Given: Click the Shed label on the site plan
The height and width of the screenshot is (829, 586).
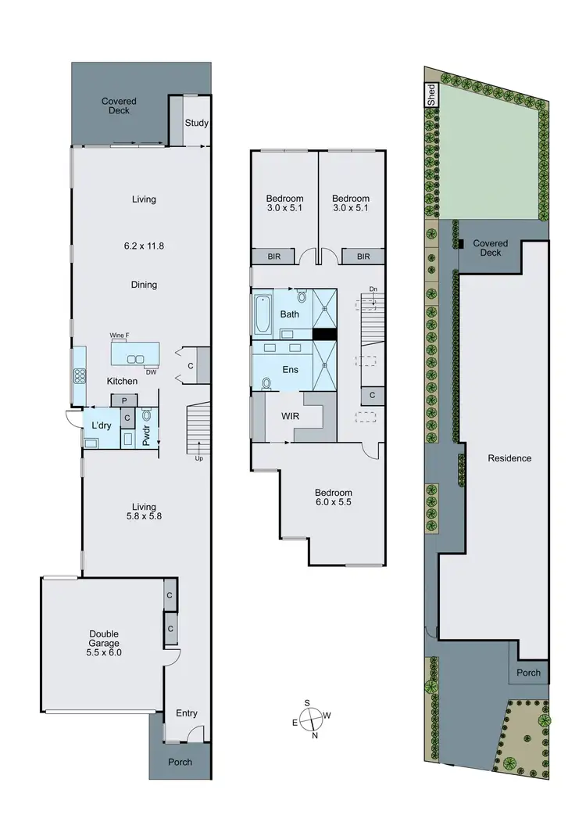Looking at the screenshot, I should [431, 95].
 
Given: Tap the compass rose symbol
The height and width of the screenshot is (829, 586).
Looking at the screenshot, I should [310, 718].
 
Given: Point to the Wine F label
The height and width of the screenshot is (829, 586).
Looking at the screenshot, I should [119, 336].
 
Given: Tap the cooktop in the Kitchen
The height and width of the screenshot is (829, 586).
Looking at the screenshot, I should [78, 375].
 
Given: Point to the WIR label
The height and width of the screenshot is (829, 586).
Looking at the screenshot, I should [291, 416].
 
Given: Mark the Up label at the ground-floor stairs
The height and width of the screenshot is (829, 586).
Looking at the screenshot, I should [199, 458].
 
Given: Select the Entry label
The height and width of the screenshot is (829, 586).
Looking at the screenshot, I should [187, 712].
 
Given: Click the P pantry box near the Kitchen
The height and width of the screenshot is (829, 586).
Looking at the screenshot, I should [123, 400].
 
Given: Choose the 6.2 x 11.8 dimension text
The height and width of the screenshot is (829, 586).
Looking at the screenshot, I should [144, 246].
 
